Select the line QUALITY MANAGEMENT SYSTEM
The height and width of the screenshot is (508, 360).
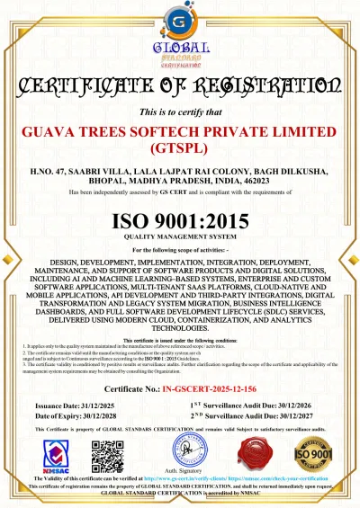(x=180, y=237)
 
